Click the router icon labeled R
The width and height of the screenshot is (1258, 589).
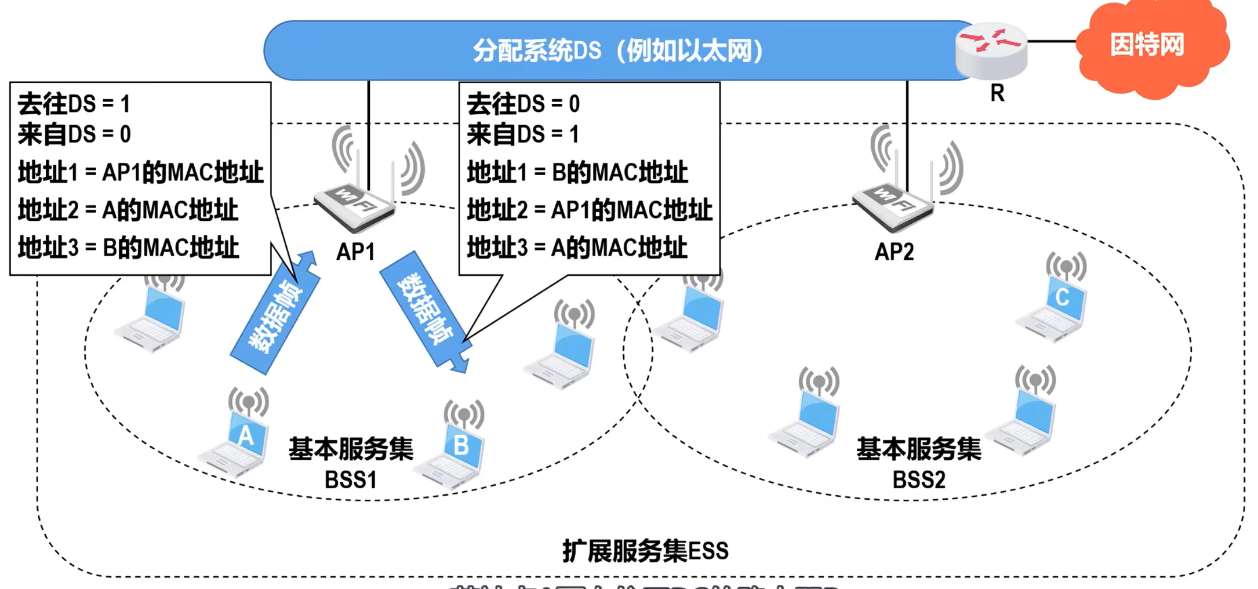click(991, 51)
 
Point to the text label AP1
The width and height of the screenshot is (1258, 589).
click(355, 252)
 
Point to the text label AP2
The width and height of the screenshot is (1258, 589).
click(894, 252)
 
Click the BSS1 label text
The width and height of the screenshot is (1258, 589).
click(351, 480)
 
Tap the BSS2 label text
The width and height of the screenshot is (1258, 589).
click(919, 480)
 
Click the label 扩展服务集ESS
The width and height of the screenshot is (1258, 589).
click(645, 551)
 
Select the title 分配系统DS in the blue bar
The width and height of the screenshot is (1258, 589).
click(617, 51)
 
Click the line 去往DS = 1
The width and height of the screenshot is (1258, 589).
click(74, 104)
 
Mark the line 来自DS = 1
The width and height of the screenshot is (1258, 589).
click(523, 134)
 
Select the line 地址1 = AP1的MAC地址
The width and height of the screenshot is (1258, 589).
click(140, 173)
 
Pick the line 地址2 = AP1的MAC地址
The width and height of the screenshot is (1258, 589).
click(589, 210)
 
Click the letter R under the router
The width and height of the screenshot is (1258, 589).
click(997, 93)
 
